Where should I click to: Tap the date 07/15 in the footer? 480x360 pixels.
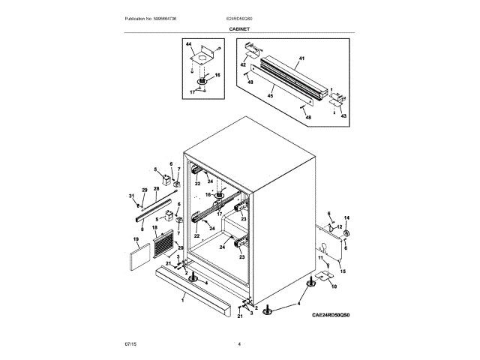[130, 343]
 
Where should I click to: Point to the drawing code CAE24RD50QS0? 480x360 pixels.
[331, 316]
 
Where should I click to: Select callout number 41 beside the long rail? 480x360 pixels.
[301, 58]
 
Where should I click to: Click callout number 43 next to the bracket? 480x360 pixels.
[343, 115]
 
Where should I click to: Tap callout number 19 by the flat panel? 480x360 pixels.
[136, 241]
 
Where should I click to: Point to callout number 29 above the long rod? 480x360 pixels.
[145, 190]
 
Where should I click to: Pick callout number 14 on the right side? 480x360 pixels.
[346, 218]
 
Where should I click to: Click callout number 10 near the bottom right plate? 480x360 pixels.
[334, 286]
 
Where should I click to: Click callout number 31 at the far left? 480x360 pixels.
[131, 196]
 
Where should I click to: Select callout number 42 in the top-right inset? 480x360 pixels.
[243, 65]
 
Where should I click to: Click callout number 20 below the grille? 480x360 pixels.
[180, 247]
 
